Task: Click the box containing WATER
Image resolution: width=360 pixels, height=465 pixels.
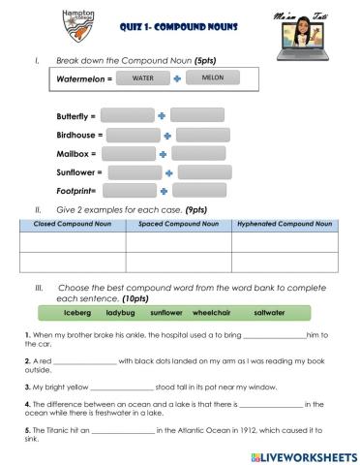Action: click(x=142, y=77)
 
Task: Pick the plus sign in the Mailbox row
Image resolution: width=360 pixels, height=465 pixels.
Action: click(x=163, y=153)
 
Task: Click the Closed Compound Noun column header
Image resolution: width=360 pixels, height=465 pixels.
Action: click(x=72, y=224)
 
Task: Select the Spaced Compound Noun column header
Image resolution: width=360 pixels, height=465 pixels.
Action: click(x=178, y=224)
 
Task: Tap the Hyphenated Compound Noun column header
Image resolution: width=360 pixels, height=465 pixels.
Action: click(x=285, y=224)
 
